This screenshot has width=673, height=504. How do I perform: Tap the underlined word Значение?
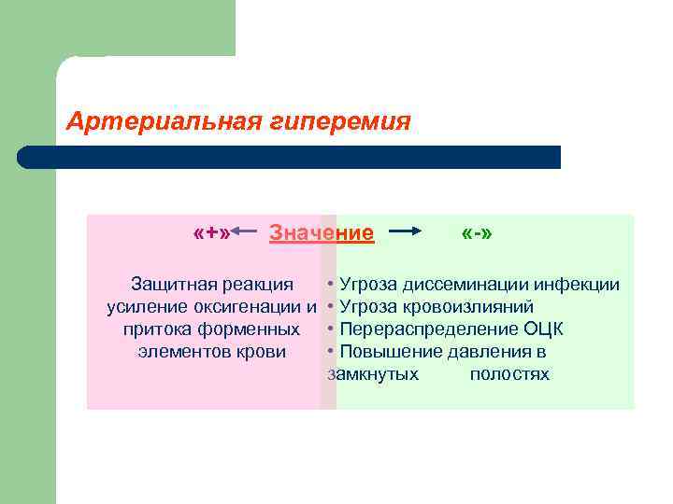[322, 232]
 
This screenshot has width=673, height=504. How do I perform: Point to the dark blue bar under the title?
[290, 157]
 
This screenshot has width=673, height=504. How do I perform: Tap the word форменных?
[253, 329]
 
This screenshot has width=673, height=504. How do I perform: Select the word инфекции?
[582, 284]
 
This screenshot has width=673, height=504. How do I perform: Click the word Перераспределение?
[427, 329]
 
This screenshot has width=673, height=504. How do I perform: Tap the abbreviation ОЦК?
[542, 329]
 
